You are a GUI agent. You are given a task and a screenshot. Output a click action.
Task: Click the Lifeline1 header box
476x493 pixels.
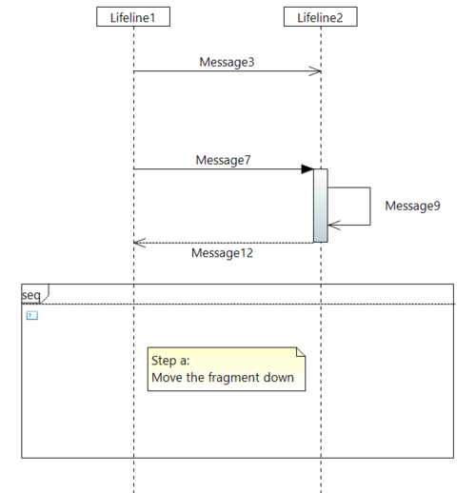click(x=133, y=17)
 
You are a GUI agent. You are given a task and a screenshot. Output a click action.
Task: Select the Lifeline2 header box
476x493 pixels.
click(x=321, y=17)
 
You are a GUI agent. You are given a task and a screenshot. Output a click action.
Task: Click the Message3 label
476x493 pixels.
click(x=227, y=62)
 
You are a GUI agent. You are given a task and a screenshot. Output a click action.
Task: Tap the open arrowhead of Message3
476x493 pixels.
click(x=315, y=71)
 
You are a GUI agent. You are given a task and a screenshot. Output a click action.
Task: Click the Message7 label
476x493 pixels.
click(x=223, y=160)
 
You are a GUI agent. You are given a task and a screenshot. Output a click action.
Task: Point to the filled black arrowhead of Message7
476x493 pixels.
click(x=307, y=169)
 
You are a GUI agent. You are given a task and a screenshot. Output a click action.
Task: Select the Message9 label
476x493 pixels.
click(x=412, y=206)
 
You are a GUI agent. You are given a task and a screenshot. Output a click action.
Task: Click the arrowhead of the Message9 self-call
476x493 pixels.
click(x=334, y=225)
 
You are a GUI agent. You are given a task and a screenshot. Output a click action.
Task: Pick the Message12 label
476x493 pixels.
click(x=222, y=253)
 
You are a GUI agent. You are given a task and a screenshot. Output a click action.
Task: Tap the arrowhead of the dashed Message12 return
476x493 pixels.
click(x=140, y=243)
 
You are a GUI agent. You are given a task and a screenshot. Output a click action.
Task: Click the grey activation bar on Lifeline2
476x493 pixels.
click(x=321, y=206)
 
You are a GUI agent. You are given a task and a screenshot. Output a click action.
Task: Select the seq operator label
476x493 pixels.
click(x=31, y=295)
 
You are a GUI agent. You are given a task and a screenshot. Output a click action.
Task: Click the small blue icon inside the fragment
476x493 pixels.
click(x=32, y=315)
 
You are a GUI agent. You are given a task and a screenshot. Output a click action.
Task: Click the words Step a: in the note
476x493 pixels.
click(x=170, y=361)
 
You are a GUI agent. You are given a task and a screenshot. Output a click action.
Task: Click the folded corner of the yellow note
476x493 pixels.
click(x=301, y=352)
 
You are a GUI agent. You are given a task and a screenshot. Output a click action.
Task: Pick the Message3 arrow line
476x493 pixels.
click(x=228, y=71)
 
